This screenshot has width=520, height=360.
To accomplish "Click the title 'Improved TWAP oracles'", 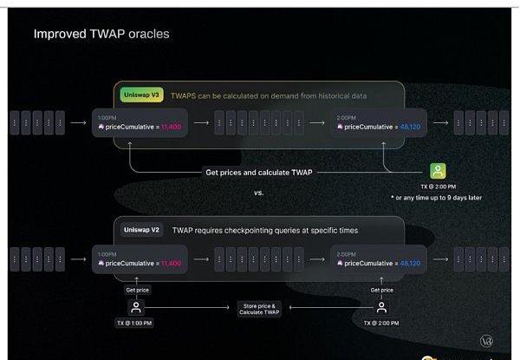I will pos(101,35).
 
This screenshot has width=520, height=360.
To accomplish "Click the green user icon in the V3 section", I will pos(439,171).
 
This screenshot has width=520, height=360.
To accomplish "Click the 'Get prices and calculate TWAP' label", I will pos(259,172).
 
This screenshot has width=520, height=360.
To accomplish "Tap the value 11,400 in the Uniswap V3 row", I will pos(169,128).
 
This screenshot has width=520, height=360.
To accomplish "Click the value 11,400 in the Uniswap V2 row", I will pos(169,263).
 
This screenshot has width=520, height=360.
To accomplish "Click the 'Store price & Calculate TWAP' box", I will pos(259,308).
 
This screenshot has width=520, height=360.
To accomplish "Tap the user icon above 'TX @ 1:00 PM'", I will pos(135,307).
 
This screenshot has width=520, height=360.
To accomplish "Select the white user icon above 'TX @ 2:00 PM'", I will pos(381,307).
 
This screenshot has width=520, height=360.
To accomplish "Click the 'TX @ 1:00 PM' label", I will pos(135,324).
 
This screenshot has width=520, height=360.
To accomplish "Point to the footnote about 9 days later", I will pos(436,198).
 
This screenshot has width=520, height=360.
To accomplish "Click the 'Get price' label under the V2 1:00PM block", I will pos(137,290).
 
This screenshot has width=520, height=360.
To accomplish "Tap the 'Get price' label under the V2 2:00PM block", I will pos(381,290).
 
